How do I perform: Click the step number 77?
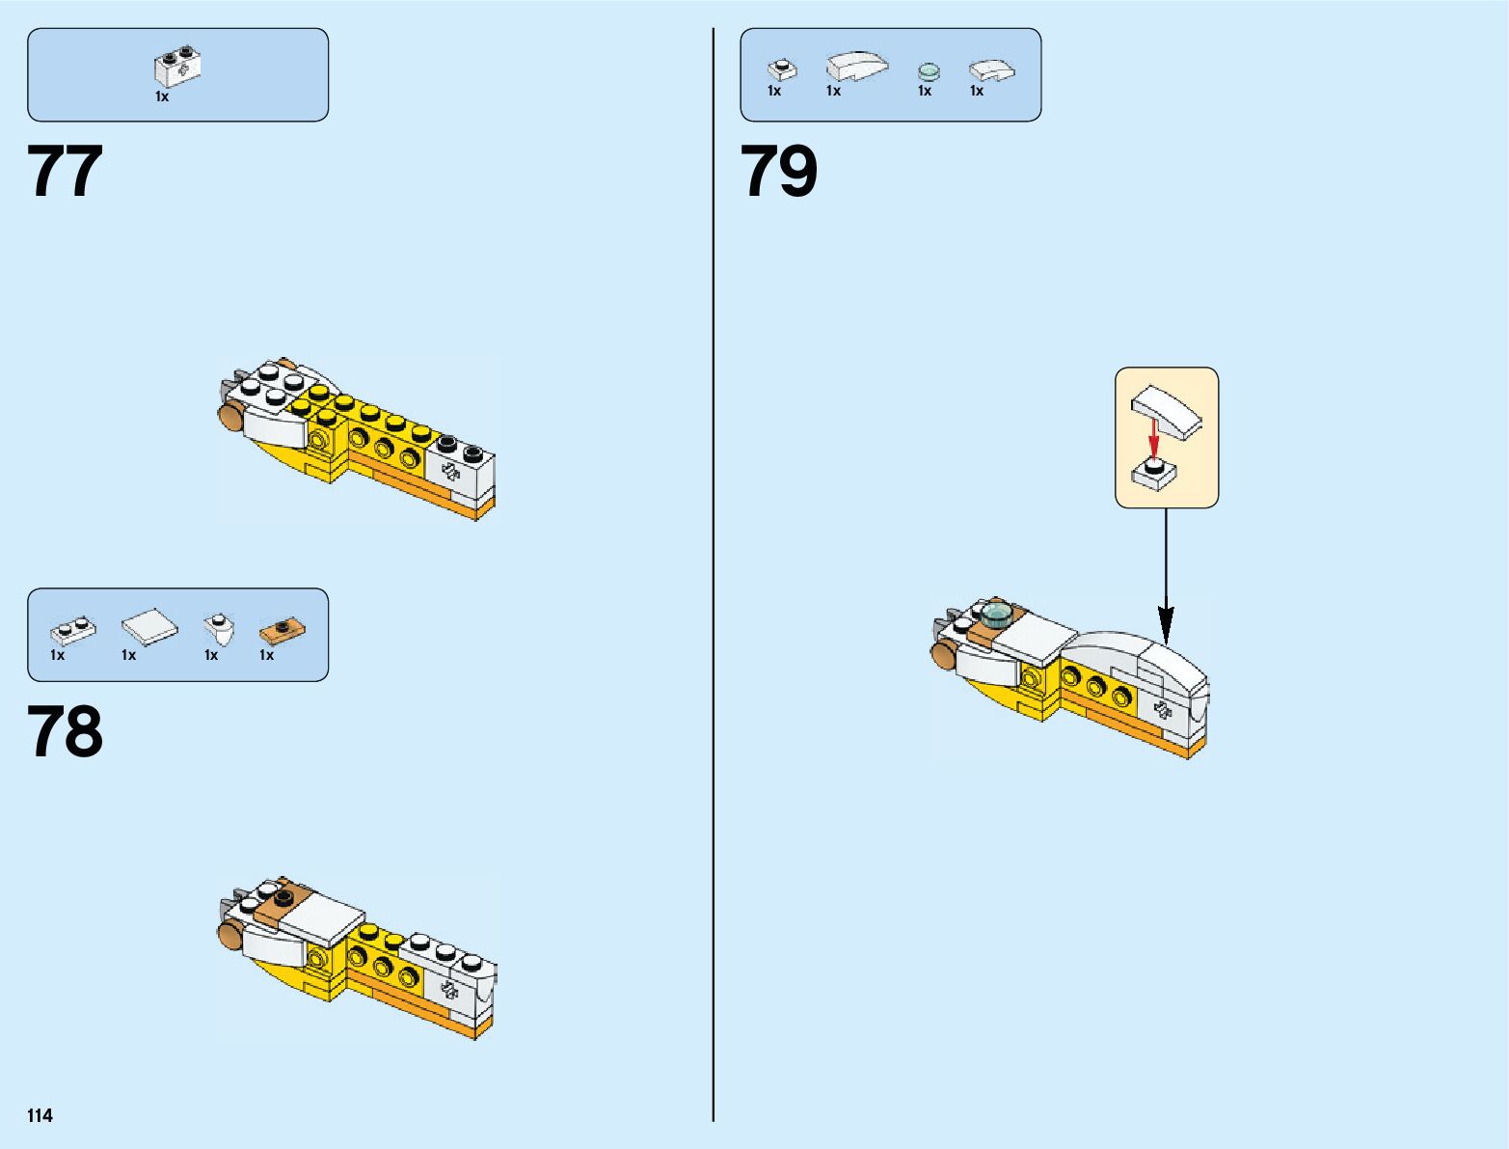coord(66,173)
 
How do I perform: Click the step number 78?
coord(66,732)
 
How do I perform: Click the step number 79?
coord(779,173)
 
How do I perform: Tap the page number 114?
coord(40,1116)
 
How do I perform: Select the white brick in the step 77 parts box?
coord(177,68)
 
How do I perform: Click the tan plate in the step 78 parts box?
coord(282,631)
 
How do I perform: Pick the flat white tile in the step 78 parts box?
coord(149,628)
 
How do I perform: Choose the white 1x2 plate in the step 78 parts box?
coord(73,631)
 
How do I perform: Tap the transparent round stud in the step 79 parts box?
coord(929,71)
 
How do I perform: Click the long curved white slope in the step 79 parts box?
coord(857,66)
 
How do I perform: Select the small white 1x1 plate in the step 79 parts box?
coord(782,69)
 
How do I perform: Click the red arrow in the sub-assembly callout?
coord(1152,438)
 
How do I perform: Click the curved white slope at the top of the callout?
coord(1168,411)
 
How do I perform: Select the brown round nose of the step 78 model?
coord(229,933)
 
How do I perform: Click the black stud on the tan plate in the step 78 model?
coord(283,898)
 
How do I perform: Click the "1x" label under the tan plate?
coord(267,656)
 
